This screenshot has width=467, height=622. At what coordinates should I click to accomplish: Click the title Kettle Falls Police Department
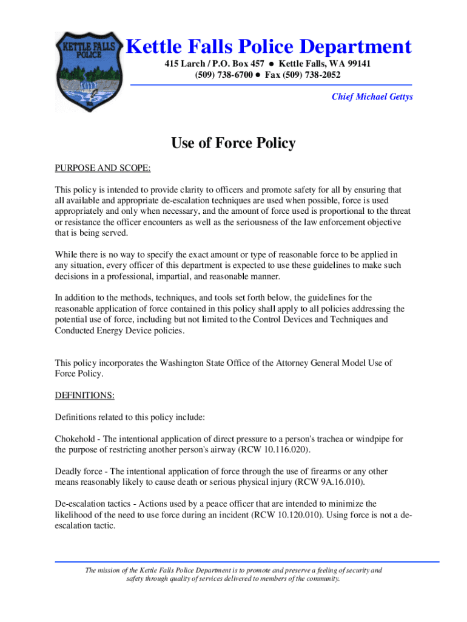[x=268, y=47]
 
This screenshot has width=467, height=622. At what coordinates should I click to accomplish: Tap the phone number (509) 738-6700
[x=223, y=75]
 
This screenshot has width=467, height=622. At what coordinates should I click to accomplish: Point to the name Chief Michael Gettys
[x=372, y=97]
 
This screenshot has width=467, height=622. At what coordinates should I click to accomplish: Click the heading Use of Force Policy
[x=233, y=143]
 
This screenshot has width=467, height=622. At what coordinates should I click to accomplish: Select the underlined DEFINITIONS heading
[x=85, y=395]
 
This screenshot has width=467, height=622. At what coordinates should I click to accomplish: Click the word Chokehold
[x=76, y=439]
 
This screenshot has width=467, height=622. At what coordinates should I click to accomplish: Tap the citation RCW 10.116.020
[x=275, y=449]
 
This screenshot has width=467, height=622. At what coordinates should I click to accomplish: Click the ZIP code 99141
[x=357, y=64]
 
